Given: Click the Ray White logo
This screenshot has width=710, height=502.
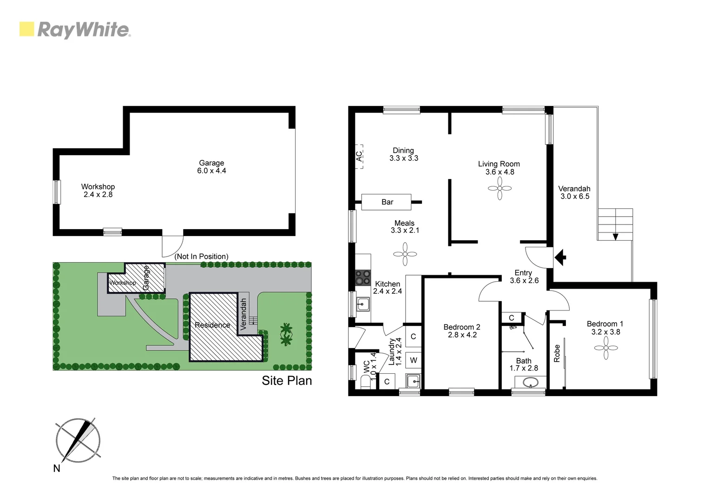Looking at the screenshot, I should click(x=75, y=30).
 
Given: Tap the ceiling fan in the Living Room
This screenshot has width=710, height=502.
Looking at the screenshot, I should click(x=500, y=189).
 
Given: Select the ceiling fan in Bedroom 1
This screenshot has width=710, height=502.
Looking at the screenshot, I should click(x=606, y=348).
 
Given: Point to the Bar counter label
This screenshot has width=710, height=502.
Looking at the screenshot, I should click(x=387, y=202).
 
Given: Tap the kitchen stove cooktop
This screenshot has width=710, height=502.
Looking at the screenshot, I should click(x=362, y=277).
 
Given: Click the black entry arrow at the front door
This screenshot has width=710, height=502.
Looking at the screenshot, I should click(x=560, y=257).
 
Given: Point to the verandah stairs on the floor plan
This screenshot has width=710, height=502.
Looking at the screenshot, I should click(x=615, y=225).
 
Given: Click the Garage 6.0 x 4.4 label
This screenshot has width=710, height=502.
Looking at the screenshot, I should click(x=211, y=167).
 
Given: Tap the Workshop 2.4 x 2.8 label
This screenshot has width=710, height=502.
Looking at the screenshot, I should click(x=98, y=191).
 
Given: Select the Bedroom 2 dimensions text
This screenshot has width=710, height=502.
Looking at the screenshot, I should click(x=462, y=335).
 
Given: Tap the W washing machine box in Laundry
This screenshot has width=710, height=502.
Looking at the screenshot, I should click(x=413, y=360).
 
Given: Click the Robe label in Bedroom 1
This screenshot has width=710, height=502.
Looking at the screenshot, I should click(x=557, y=353).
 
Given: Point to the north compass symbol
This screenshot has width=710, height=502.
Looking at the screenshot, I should click(x=78, y=441).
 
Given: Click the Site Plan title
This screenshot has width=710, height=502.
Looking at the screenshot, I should click(x=287, y=381).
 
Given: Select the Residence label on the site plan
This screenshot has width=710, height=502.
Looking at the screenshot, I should click(x=212, y=325).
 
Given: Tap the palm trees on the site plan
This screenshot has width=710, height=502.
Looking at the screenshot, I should click(x=286, y=334).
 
